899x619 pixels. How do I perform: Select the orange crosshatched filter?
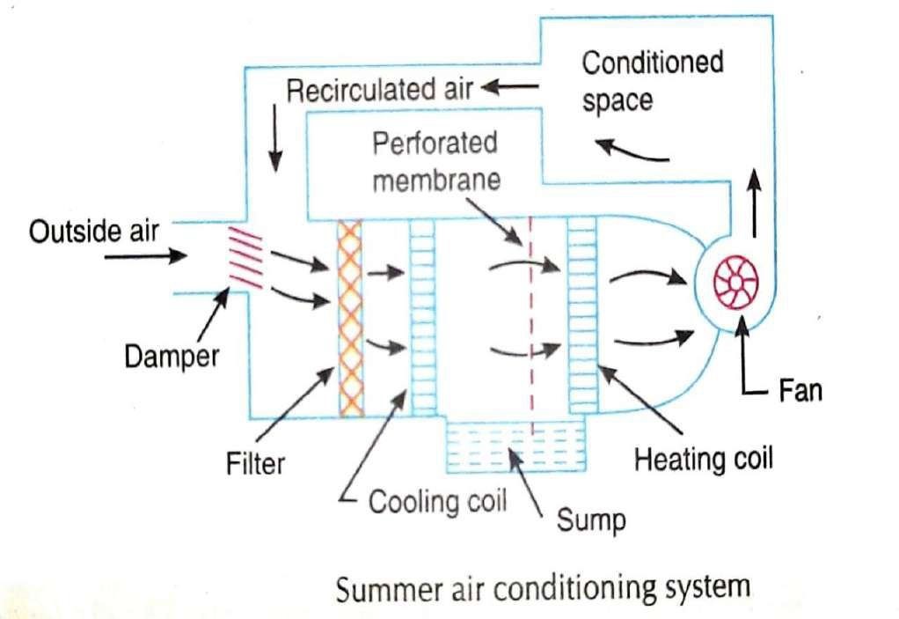coord(351,318)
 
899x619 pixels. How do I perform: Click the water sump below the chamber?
coord(515,445)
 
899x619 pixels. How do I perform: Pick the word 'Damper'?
coord(170,357)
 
